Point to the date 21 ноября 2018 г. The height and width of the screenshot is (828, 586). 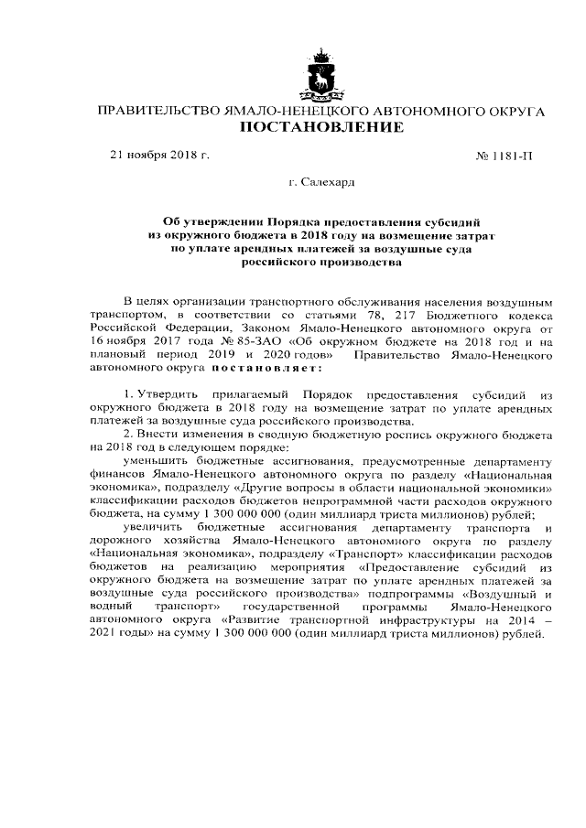(x=160, y=155)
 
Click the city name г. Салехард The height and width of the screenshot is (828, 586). (x=320, y=183)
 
